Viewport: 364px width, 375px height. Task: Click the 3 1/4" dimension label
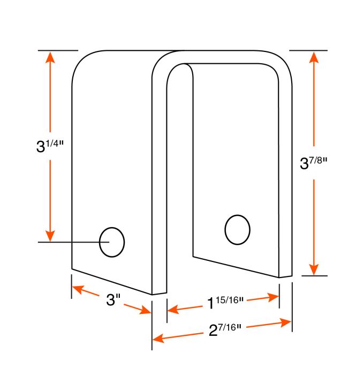50,146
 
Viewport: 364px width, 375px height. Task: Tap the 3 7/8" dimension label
313,163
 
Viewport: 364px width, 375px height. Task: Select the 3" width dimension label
113,299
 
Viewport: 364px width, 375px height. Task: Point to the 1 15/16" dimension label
225,302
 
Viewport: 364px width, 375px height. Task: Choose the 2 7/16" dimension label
225,330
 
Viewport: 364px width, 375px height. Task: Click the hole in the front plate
112,242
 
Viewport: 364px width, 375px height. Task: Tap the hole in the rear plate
237,230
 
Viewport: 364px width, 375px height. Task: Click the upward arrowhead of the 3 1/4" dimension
50,58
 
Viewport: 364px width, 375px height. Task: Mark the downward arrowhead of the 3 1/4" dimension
50,236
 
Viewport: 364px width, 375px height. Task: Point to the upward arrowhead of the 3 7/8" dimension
314,58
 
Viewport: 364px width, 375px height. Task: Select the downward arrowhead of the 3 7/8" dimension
314,269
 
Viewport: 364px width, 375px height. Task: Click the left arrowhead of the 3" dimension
78,288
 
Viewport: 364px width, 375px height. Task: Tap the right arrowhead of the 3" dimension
145,310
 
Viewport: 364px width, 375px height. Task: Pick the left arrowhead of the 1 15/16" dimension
173,309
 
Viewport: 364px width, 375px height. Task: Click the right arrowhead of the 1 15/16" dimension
273,297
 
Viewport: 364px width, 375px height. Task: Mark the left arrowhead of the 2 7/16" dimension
158,338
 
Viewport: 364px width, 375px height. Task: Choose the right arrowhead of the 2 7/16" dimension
286,322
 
